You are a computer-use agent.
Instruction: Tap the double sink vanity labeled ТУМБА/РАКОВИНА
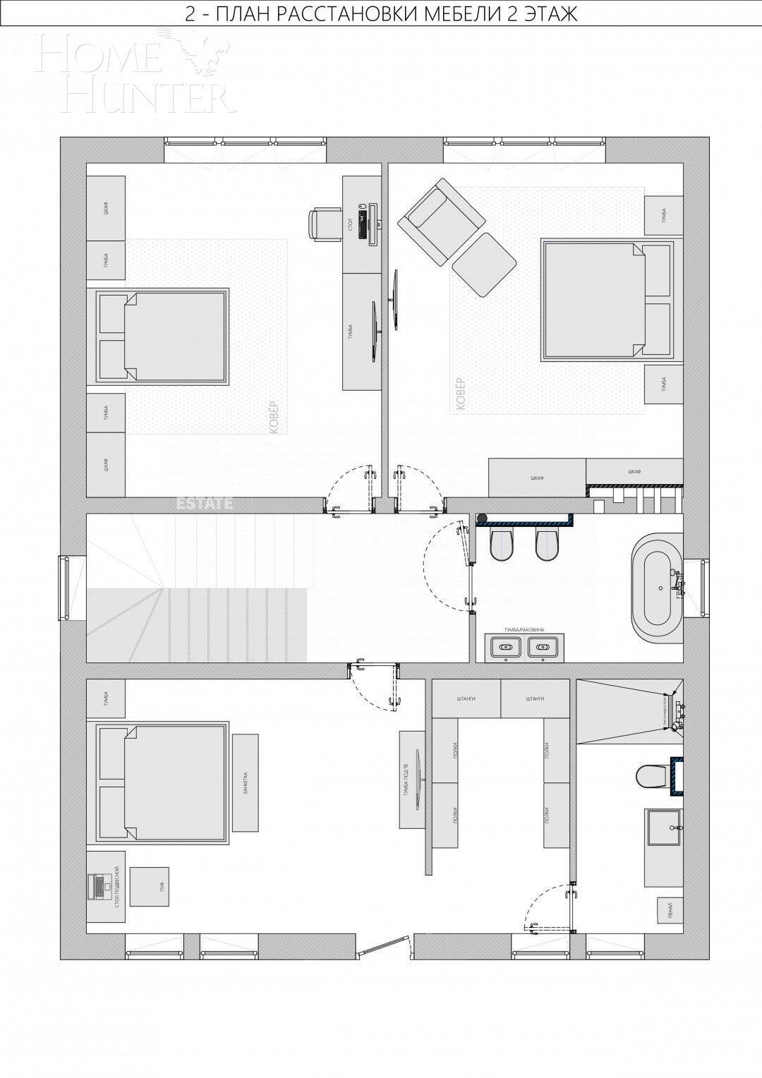click(x=524, y=647)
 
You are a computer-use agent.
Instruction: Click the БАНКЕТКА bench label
click(x=245, y=782)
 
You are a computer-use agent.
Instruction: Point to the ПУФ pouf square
click(x=150, y=887)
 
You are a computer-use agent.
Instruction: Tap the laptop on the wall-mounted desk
click(x=95, y=886)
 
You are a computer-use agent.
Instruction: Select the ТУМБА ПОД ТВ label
click(x=406, y=780)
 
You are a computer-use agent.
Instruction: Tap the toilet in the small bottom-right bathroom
click(x=652, y=776)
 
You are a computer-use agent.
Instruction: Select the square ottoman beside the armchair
click(x=483, y=265)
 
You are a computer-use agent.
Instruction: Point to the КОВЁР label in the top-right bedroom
click(x=461, y=394)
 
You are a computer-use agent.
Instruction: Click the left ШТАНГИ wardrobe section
click(x=466, y=698)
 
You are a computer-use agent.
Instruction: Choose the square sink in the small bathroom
click(x=663, y=827)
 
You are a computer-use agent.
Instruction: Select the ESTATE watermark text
click(x=204, y=504)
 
